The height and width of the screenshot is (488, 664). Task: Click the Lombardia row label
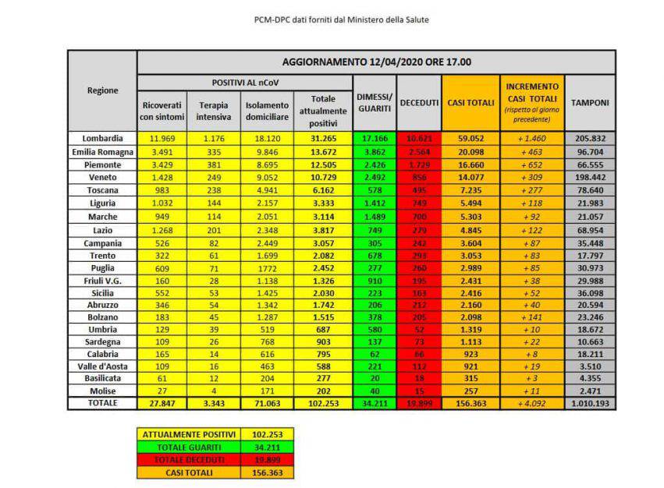tap(102, 139)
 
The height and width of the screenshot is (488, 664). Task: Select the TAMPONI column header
tap(589, 103)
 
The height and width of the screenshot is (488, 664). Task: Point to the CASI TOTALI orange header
tap(469, 103)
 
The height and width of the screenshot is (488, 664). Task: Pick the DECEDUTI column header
tap(419, 103)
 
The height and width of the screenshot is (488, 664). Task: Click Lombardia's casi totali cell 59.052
tap(469, 139)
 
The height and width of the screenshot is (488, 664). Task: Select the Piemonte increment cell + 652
tap(531, 165)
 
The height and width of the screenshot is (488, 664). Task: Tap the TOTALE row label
tap(102, 403)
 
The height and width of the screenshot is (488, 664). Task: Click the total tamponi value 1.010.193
tap(589, 404)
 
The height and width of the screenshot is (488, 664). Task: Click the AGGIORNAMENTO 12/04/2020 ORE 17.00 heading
tap(375, 62)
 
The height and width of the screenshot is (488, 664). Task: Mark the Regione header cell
tap(102, 90)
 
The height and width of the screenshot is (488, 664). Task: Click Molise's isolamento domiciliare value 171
tap(267, 390)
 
